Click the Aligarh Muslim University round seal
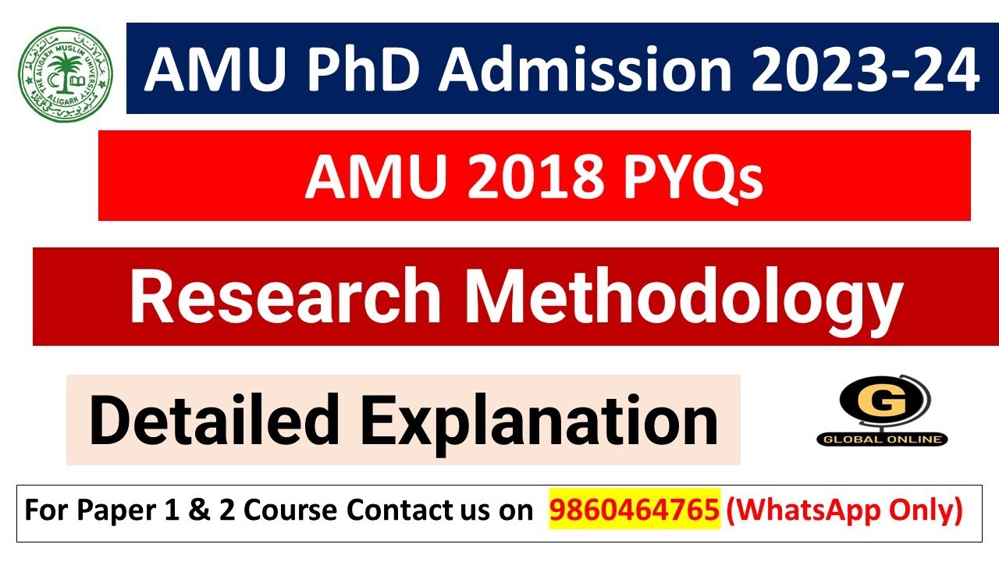pos(66,75)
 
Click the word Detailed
pos(215,419)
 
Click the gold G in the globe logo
pos(881,401)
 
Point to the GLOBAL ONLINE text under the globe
pos(882,439)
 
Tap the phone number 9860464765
pos(635,510)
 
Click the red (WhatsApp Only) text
pos(844,511)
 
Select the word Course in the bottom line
pos(290,510)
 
